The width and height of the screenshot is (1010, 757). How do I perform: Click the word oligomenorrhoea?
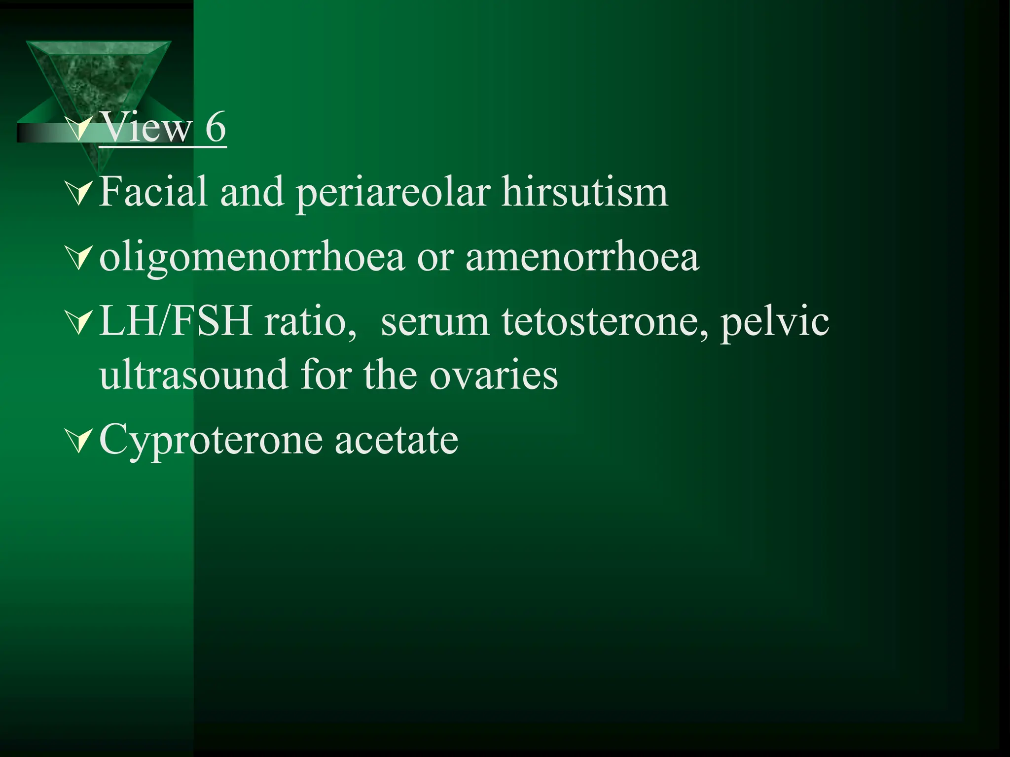(252, 258)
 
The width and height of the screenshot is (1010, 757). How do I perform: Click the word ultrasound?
(193, 375)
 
